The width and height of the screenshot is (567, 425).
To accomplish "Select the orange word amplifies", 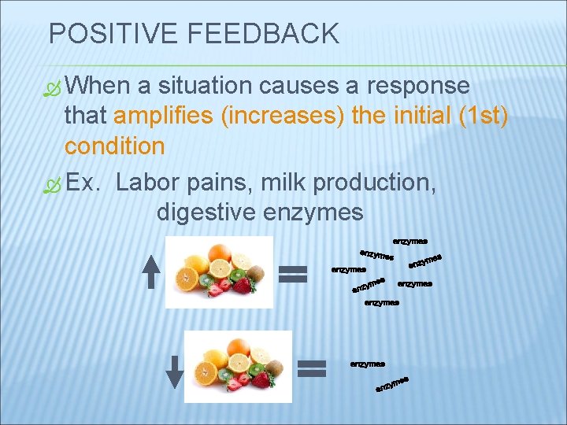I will pyautogui.click(x=166, y=116).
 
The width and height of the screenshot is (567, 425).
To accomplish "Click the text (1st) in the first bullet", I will pyautogui.click(x=483, y=116).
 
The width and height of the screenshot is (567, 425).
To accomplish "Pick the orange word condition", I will pyautogui.click(x=114, y=146).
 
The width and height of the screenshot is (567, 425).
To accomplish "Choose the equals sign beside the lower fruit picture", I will pyautogui.click(x=313, y=368).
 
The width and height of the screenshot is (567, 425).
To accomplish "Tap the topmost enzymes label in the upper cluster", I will pyautogui.click(x=409, y=241).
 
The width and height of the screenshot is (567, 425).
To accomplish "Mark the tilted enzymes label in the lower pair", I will pyautogui.click(x=393, y=384).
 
